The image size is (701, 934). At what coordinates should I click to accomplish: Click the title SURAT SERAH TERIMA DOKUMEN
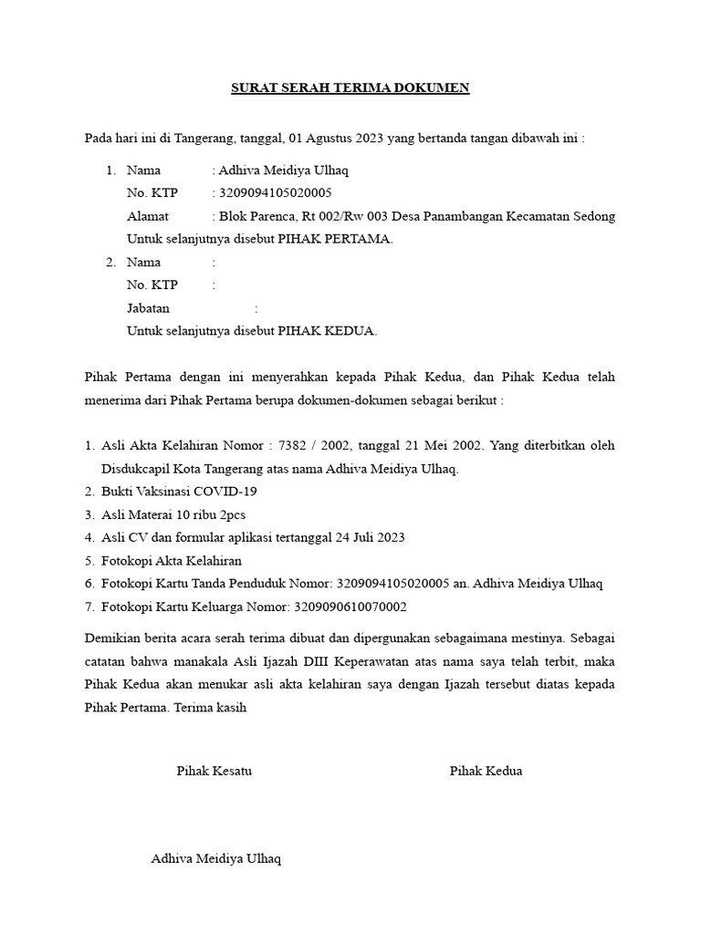350,88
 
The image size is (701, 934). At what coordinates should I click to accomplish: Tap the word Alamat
148,217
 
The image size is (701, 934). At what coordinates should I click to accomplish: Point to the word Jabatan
149,308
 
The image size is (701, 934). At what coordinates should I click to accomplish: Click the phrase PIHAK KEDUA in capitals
328,331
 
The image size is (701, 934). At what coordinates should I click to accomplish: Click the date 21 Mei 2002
446,446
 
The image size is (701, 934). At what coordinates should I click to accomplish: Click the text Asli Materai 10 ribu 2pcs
173,514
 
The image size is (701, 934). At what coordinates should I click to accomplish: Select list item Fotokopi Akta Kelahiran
172,560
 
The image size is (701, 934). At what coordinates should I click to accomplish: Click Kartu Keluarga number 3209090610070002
350,607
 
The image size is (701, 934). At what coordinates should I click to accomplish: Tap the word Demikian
111,637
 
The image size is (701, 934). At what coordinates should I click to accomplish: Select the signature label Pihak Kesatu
214,771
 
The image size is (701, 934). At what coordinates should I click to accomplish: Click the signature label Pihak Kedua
486,771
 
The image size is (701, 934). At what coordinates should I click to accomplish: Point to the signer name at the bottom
216,859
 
